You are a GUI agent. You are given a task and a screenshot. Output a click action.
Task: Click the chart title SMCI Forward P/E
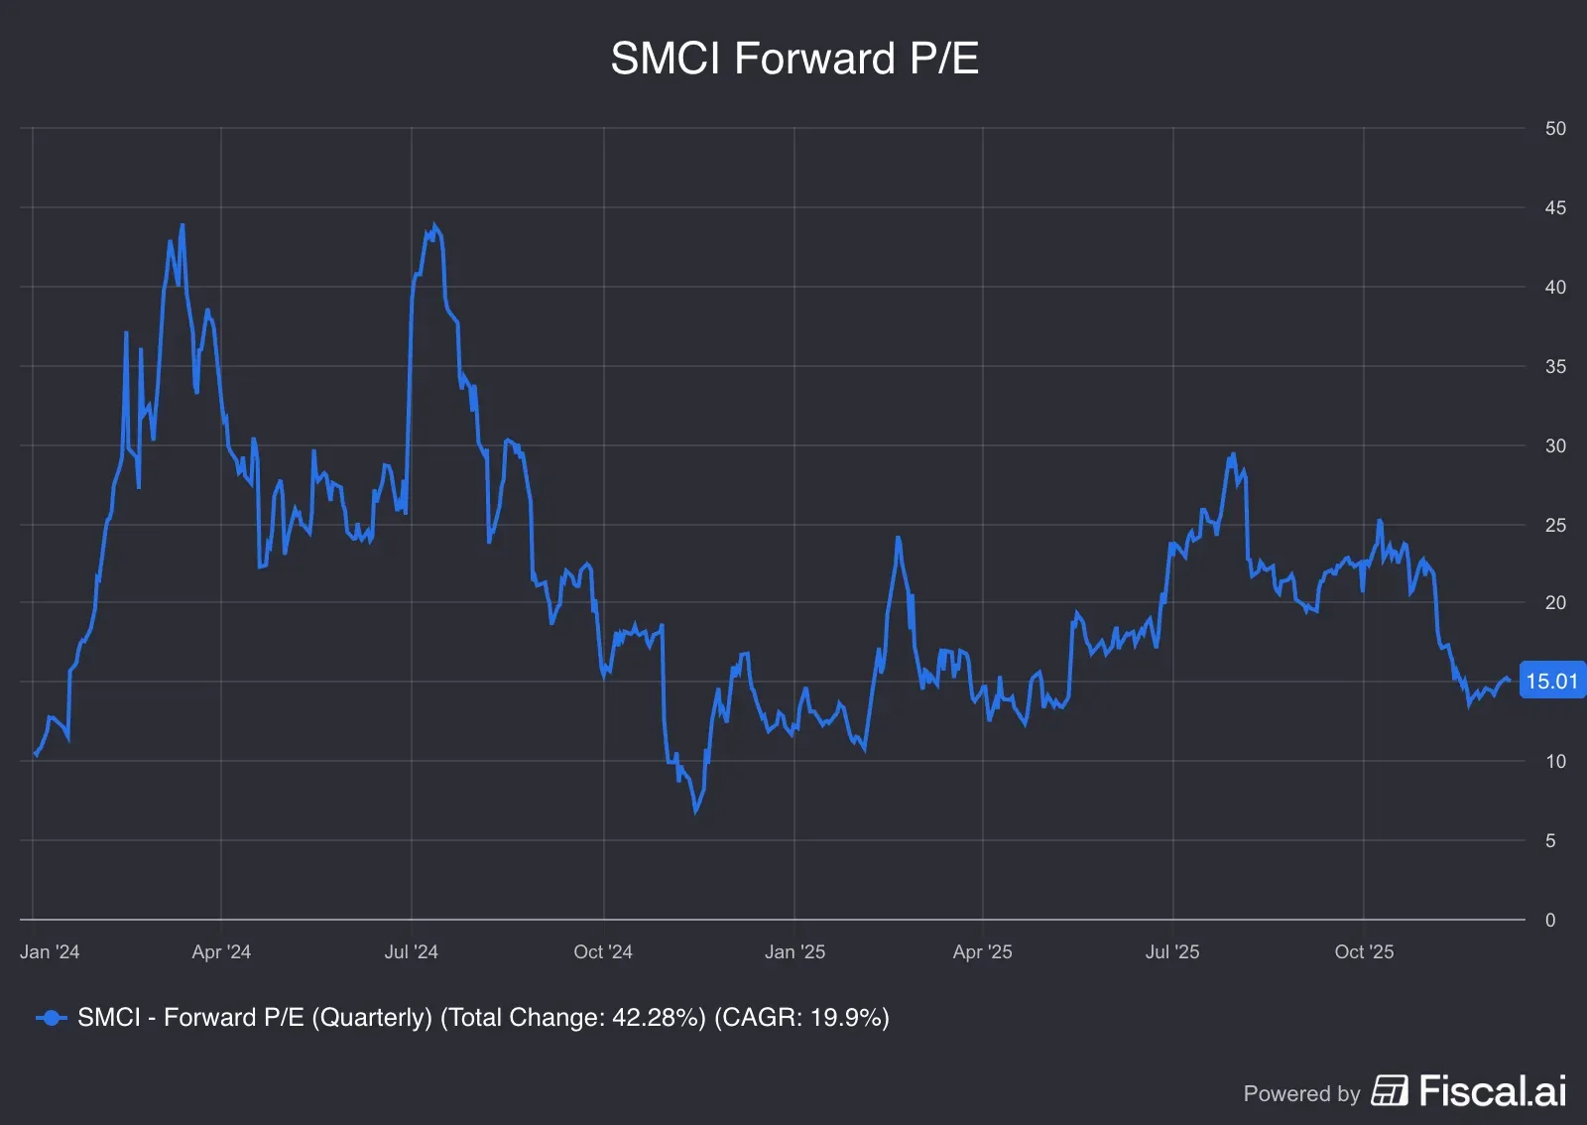point(793,59)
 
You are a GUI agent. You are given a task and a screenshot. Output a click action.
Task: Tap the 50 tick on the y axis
point(1554,129)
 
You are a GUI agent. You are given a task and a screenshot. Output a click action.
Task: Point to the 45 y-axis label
point(1554,208)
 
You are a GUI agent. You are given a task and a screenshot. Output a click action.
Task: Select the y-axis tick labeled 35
point(1554,367)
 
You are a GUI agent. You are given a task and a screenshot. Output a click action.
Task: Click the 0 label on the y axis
point(1550,921)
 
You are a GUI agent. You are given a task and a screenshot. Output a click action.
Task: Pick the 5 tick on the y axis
point(1550,841)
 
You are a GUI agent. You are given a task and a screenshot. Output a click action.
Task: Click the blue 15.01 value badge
point(1551,682)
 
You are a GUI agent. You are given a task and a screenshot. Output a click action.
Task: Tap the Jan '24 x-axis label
point(50,952)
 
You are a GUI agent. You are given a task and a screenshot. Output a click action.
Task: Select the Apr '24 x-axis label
point(221,952)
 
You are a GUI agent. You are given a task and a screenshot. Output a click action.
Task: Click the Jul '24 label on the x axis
point(411,952)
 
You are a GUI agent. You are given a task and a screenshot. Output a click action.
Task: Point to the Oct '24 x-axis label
point(602,952)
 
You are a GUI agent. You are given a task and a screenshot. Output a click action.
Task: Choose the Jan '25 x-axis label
point(794,952)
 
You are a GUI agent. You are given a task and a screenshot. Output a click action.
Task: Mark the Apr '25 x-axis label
point(982,952)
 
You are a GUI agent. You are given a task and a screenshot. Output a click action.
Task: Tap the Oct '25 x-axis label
point(1364,952)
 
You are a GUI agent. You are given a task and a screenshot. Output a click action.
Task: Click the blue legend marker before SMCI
point(51,1018)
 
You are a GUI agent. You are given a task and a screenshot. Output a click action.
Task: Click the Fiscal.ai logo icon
point(1390,1090)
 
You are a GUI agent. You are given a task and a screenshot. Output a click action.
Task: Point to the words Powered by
point(1301,1094)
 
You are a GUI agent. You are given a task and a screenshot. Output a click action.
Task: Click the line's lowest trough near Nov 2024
point(696,812)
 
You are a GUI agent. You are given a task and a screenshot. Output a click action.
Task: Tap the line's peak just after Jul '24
point(434,226)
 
